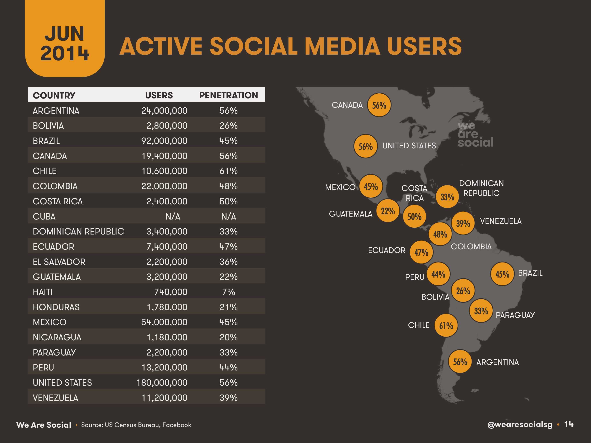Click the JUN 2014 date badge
click(65, 43)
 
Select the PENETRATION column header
click(228, 95)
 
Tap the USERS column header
click(159, 95)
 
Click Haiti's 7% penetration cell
click(228, 292)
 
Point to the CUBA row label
click(44, 216)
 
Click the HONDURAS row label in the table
click(56, 307)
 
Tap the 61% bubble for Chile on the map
click(446, 326)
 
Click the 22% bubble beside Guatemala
click(388, 211)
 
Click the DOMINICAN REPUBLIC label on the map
click(481, 188)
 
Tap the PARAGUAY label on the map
click(515, 315)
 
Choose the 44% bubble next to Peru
click(438, 274)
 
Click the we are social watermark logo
click(475, 135)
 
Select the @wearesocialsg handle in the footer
click(520, 425)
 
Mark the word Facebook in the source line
click(177, 425)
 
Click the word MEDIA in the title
click(342, 46)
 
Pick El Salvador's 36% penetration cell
click(228, 262)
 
